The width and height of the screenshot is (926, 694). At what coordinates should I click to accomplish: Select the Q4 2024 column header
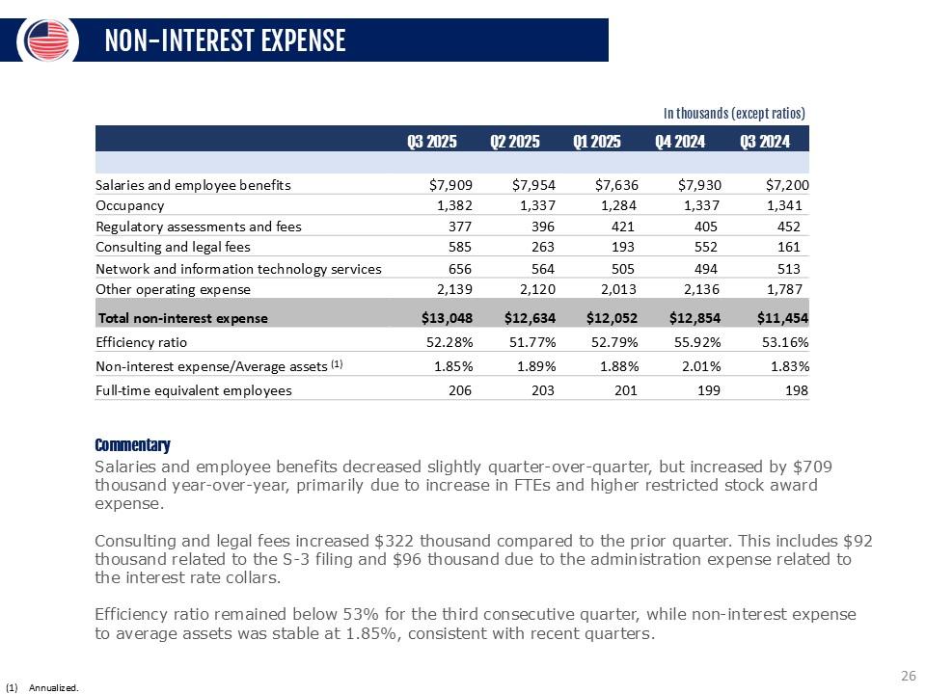(x=680, y=142)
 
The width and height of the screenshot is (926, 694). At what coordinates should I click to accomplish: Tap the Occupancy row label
(x=130, y=205)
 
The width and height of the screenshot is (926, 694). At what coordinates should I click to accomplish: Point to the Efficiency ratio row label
(x=141, y=342)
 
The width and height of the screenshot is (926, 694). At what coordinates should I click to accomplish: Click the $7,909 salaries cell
(x=450, y=185)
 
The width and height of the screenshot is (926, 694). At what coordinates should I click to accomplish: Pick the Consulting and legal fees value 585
(x=457, y=247)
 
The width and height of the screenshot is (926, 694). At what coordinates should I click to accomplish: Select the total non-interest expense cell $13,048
(x=447, y=317)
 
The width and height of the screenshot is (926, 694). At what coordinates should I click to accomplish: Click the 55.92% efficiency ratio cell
(x=694, y=342)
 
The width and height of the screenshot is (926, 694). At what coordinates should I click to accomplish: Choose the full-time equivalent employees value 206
(x=457, y=390)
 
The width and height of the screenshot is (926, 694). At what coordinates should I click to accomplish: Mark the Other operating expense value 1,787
(x=781, y=289)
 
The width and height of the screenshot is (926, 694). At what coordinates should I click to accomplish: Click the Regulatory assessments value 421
(x=623, y=227)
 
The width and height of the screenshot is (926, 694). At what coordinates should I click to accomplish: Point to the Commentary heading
(x=132, y=445)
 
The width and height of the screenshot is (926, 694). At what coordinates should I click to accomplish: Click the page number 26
(x=907, y=676)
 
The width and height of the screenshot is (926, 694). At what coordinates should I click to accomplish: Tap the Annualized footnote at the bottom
(x=53, y=687)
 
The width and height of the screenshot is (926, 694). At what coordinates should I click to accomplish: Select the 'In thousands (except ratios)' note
(x=734, y=113)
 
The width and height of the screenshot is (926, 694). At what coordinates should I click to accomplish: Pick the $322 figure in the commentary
(x=394, y=542)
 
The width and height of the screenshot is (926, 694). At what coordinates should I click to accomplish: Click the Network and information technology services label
(x=238, y=268)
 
